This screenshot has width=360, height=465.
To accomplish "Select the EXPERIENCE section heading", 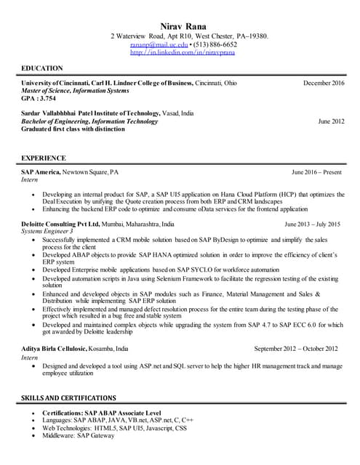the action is (x=44, y=158).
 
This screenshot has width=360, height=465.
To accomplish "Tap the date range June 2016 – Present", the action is (x=316, y=172).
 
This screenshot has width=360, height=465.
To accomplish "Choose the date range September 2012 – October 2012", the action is (x=296, y=348).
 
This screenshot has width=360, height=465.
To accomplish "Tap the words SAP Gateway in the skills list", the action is (x=97, y=435).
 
